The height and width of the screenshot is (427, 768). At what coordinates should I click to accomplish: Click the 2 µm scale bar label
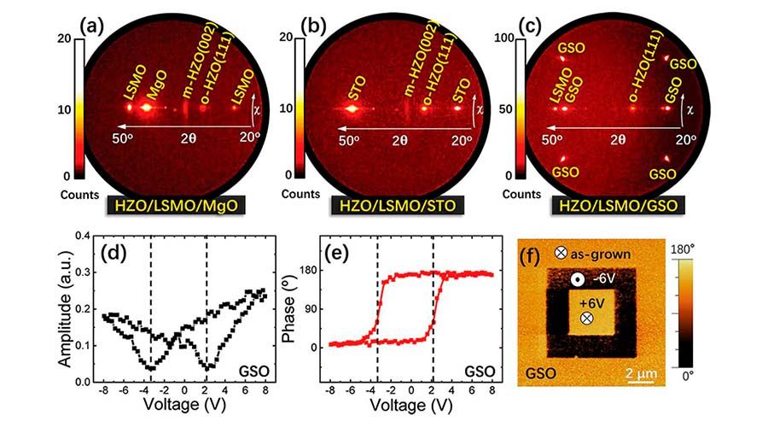(640, 373)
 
